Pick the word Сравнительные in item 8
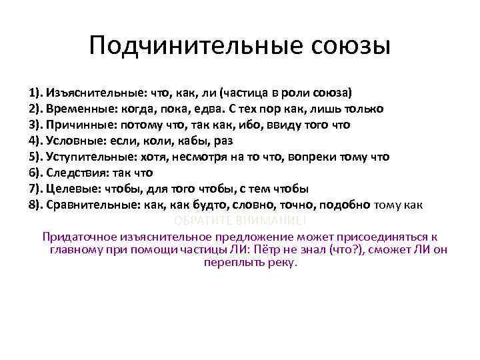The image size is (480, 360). coord(91,205)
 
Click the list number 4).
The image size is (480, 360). coord(36,141)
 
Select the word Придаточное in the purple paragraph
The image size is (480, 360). coord(78,237)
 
